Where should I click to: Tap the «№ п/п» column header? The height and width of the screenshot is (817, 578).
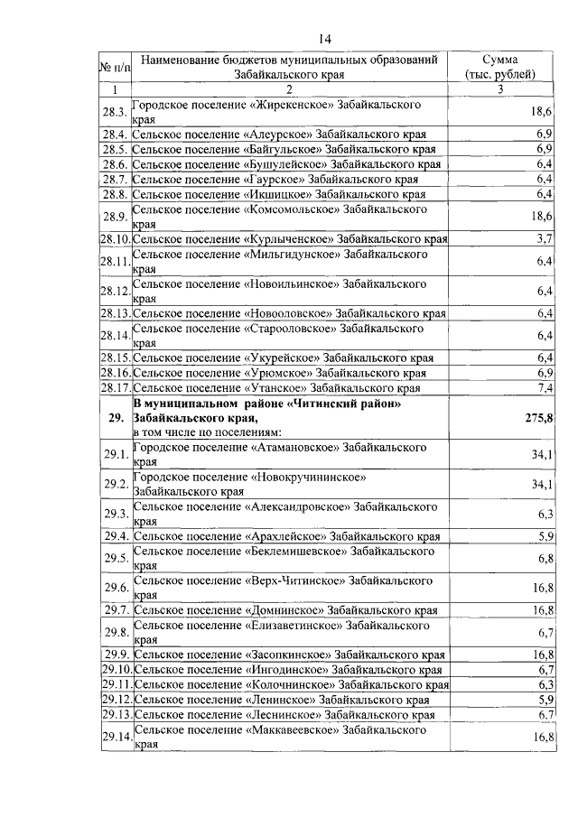pos(114,67)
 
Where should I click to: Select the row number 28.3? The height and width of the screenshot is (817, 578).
pos(114,112)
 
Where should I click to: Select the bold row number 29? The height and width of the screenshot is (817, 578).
pos(114,418)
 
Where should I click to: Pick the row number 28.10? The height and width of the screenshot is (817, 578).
pos(114,239)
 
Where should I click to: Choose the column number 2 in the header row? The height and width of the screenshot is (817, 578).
pos(289,89)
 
